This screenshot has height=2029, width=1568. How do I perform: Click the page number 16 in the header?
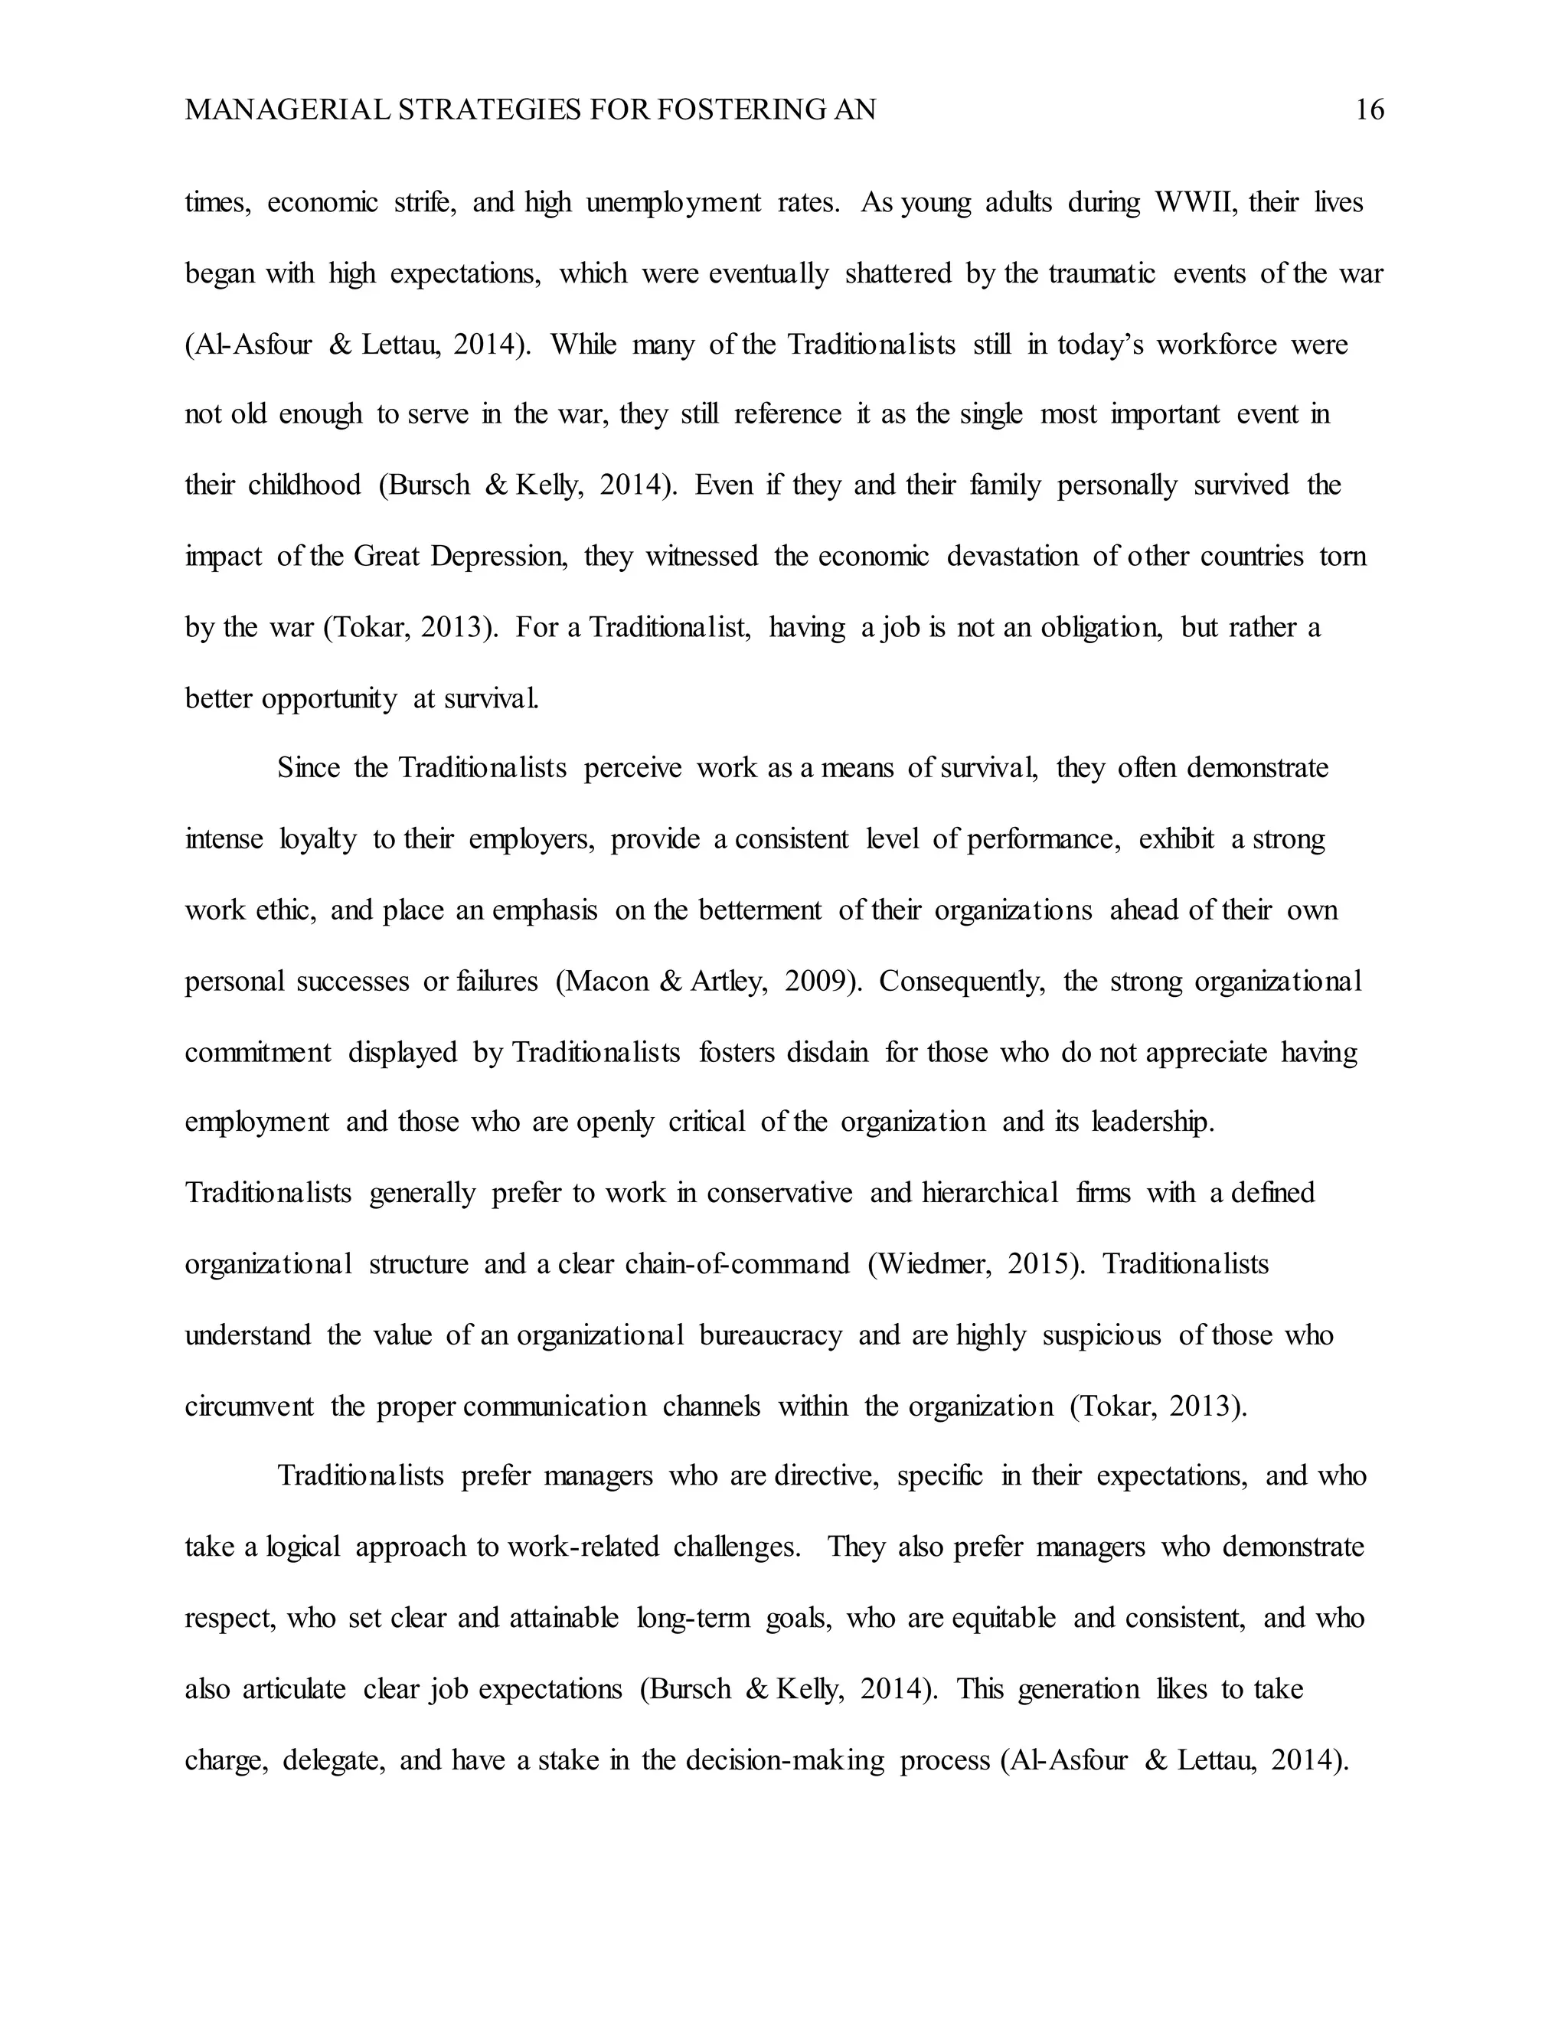[x=1369, y=110]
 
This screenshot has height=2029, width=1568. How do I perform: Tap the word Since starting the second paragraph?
[x=308, y=768]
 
